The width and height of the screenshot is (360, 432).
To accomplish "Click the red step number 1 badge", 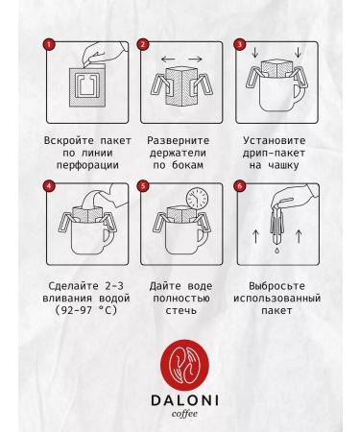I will [x=49, y=45].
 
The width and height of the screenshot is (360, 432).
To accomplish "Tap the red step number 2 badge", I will [x=142, y=45].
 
